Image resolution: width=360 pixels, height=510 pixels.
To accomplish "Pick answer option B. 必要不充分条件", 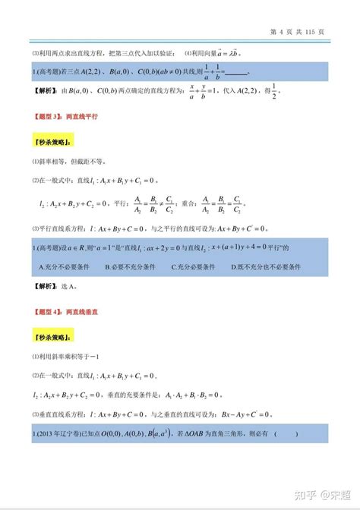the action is pyautogui.click(x=131, y=267).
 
